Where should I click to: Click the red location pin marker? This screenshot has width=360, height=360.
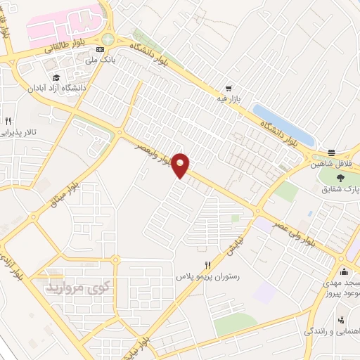click(x=181, y=165)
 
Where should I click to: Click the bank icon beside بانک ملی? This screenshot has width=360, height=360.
click(x=100, y=50)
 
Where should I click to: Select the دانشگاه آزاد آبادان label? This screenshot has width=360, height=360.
click(x=75, y=89)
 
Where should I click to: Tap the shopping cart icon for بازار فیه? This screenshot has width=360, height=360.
click(x=228, y=89)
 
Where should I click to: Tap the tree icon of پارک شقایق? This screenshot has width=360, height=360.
click(x=340, y=178)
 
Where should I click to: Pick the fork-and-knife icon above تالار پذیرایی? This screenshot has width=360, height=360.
click(x=8, y=121)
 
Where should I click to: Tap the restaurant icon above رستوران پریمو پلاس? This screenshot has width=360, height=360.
click(x=207, y=265)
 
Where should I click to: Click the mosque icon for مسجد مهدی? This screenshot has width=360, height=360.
click(x=343, y=272)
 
